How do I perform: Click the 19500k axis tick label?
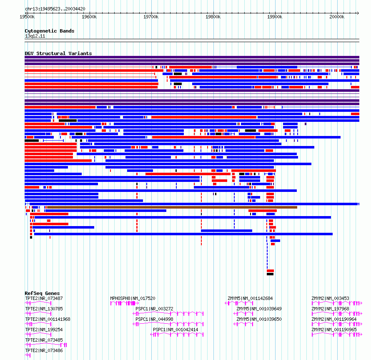(x=27, y=17)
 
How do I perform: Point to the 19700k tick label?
(x=151, y=17)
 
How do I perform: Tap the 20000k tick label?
(x=337, y=17)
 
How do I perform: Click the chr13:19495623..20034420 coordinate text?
(x=55, y=9)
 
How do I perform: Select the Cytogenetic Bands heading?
(x=50, y=31)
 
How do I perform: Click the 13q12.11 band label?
(x=35, y=36)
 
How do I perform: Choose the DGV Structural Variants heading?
(x=58, y=53)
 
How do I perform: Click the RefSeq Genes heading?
(x=42, y=293)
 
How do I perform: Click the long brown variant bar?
(x=172, y=207)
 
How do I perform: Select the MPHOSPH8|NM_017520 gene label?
(x=133, y=298)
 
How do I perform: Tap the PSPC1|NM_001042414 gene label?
(x=175, y=330)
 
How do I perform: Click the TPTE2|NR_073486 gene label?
(x=44, y=350)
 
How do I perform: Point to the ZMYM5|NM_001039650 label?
(x=259, y=319)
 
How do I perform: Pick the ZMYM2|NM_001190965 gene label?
(x=334, y=330)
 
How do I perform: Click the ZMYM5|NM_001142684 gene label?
(x=251, y=298)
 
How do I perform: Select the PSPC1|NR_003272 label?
(x=155, y=309)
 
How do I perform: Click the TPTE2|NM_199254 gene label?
(x=44, y=330)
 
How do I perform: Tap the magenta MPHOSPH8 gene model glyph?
(x=125, y=303)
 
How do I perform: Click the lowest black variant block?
(x=270, y=274)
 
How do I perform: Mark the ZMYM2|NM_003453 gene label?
(x=330, y=298)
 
